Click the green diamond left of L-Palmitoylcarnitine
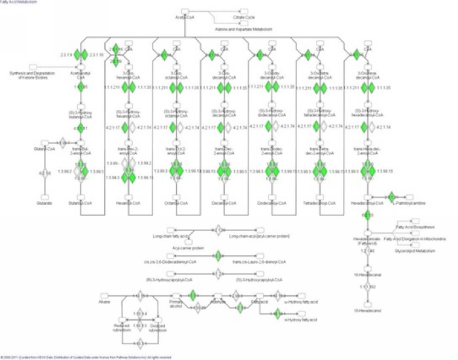(391, 196)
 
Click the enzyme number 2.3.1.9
(66, 54)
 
